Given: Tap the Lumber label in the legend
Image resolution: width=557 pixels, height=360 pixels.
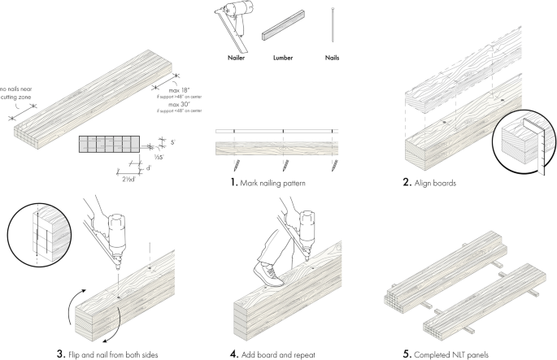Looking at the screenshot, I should point(282,59).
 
